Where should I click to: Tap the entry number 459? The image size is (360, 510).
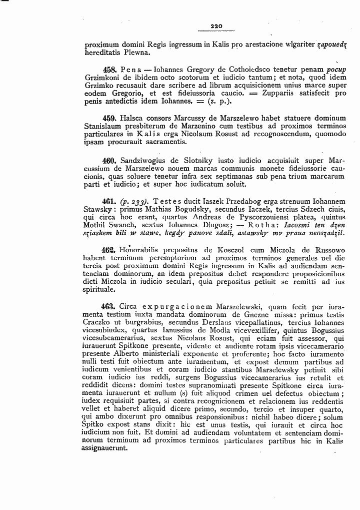(109, 118)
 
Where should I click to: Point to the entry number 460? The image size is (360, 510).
(109, 161)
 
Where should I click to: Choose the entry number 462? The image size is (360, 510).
(109, 250)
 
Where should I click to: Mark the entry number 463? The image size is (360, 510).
(109, 306)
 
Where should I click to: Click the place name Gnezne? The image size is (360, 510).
(256, 314)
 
